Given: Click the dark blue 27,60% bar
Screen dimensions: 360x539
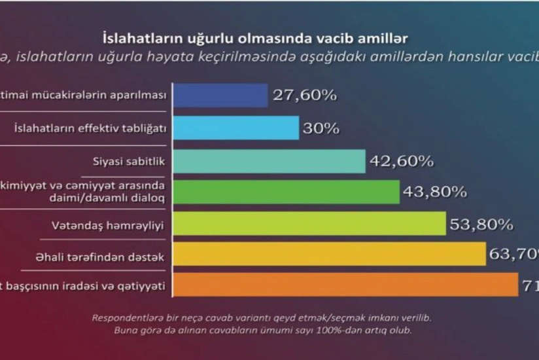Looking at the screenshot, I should tap(220, 96).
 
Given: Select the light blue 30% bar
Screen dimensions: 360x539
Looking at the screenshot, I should tap(236, 128).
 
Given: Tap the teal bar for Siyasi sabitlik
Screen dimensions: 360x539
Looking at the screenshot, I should tap(269, 161).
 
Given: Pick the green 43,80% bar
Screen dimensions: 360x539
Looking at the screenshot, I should tap(286, 192).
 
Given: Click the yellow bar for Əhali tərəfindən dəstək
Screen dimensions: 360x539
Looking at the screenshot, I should tap(329, 254).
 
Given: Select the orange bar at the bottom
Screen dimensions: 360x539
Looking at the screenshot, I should tap(345, 285).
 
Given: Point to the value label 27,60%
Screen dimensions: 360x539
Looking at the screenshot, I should tap(304, 96).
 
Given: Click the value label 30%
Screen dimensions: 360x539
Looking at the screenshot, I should tap(321, 129).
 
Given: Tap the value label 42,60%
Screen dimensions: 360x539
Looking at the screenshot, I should tap(401, 161).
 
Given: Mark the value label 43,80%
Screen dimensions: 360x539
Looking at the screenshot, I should tap(435, 192).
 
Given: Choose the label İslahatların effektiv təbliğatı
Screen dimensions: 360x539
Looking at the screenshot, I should tap(89, 128).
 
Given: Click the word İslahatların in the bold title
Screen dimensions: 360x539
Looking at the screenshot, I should tap(137, 39).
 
